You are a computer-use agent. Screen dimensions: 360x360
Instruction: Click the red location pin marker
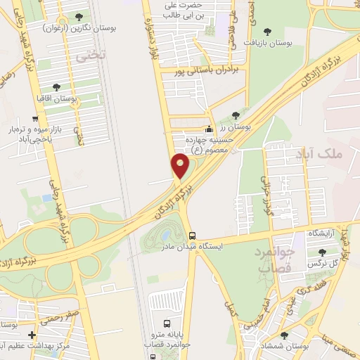(181, 165)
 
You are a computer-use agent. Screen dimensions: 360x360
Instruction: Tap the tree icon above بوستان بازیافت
(267, 31)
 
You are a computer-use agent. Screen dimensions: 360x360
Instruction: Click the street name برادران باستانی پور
(211, 71)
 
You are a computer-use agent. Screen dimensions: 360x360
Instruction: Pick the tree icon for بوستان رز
(236, 116)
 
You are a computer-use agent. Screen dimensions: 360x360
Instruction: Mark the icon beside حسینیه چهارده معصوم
(208, 129)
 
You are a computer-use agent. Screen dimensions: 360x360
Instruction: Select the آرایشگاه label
(322, 233)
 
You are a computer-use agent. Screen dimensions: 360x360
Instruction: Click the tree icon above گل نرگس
(322, 252)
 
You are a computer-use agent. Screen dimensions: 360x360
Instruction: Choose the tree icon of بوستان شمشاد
(284, 336)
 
